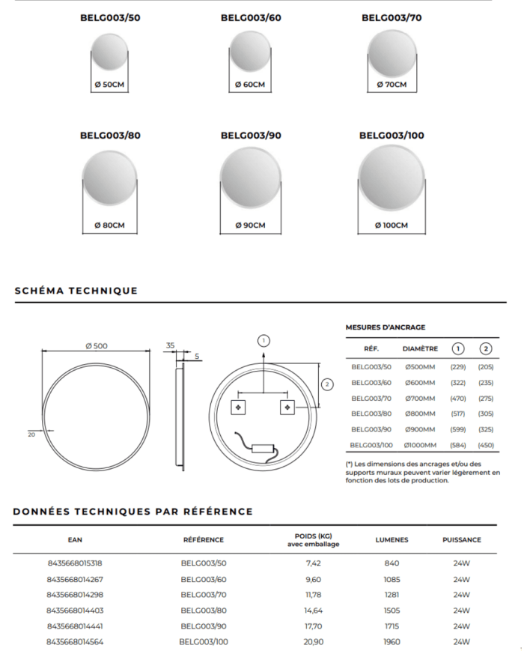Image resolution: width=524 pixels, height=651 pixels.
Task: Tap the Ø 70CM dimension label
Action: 392,85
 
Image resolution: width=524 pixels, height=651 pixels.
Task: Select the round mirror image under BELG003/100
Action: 392,179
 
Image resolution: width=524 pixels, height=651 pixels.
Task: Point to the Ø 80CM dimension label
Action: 110,225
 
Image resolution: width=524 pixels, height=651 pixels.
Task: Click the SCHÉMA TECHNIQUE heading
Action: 76,291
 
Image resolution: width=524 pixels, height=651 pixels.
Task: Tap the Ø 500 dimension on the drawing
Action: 97,345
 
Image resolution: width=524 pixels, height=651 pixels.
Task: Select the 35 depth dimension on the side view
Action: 170,345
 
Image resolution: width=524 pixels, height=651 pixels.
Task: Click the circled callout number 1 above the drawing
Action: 263,341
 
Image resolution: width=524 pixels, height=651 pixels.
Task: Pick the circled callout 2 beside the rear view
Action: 327,384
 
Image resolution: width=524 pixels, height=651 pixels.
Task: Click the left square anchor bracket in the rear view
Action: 239,407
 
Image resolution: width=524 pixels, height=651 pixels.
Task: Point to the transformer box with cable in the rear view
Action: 262,447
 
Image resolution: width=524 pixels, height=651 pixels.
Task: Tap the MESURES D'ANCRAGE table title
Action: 386,327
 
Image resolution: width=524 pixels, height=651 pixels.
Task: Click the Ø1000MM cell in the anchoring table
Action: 420,446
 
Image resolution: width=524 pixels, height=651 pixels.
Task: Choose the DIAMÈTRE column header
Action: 420,348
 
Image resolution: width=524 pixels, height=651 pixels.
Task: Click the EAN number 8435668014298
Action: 75,595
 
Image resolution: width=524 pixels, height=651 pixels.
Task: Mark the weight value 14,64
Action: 313,611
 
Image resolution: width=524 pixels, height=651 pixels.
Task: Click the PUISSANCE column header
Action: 461,539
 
